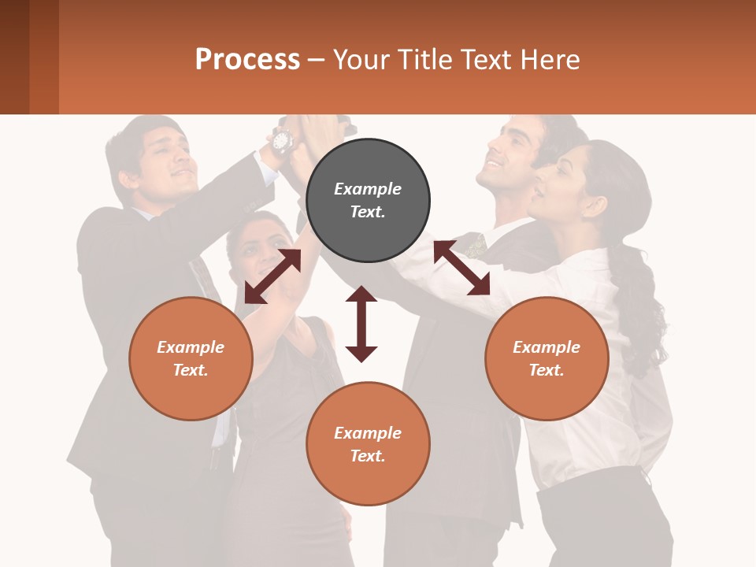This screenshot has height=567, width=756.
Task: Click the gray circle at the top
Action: coord(368,201)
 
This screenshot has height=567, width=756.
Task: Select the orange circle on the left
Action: coord(191,358)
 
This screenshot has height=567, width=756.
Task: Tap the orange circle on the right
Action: coord(547,358)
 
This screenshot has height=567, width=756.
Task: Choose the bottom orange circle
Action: coord(368,444)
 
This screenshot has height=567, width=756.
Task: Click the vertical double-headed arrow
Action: coord(361,324)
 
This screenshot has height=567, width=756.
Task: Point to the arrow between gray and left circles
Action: coord(272,276)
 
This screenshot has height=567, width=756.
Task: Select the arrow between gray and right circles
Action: coord(461,268)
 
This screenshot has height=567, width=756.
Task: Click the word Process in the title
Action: coord(247,60)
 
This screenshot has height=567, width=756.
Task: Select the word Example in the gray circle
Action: coord(368,189)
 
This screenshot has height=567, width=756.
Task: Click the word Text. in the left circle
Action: coord(191,370)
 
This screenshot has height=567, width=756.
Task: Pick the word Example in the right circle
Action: coord(547,347)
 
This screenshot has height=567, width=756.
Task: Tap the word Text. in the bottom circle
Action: coord(368,456)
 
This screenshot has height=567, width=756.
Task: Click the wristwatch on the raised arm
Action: coord(281,141)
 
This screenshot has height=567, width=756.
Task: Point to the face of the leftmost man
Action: coord(168,154)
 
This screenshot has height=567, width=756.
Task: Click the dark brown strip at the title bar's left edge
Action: coord(14,57)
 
